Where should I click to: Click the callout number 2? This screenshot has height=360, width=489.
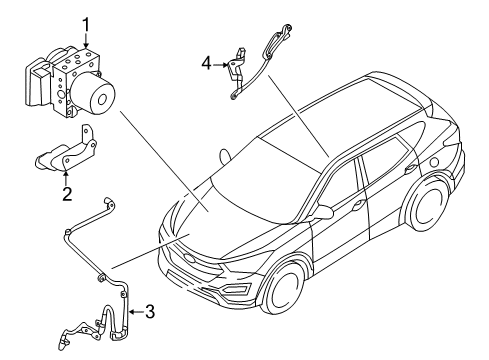67,193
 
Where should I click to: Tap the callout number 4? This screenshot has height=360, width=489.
205,63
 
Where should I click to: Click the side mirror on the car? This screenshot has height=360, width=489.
324,213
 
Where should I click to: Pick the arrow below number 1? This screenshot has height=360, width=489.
86,40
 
